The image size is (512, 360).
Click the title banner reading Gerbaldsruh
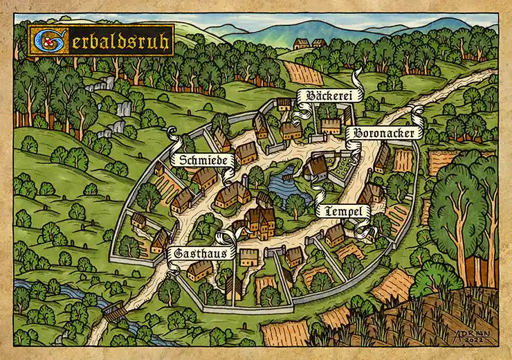coord(101,41)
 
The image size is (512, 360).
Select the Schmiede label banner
coord(204,160)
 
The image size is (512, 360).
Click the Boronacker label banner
coord(383,132)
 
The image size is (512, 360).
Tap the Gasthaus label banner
coord(201,254)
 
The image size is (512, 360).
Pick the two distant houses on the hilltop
coord(309,44)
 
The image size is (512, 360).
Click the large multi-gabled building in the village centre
coord(259,220)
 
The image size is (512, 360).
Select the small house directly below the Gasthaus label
coord(200,271)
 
